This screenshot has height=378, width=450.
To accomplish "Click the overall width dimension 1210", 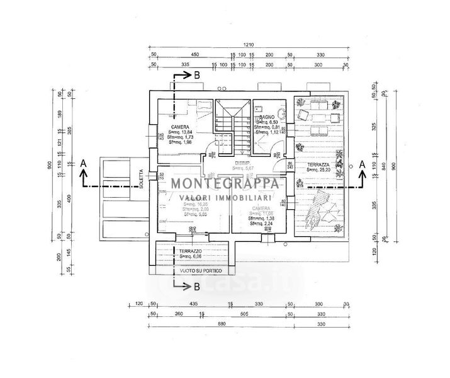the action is [x=250, y=45].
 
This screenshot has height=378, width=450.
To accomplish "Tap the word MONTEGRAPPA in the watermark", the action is [x=225, y=184].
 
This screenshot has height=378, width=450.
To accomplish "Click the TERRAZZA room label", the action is [x=318, y=162].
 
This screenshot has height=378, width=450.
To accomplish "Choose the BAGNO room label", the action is [x=266, y=117].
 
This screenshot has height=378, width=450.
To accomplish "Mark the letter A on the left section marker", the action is [x=82, y=163].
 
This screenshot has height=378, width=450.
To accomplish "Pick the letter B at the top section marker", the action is [x=196, y=75].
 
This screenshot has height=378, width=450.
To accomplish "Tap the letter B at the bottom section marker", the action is [x=196, y=288].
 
